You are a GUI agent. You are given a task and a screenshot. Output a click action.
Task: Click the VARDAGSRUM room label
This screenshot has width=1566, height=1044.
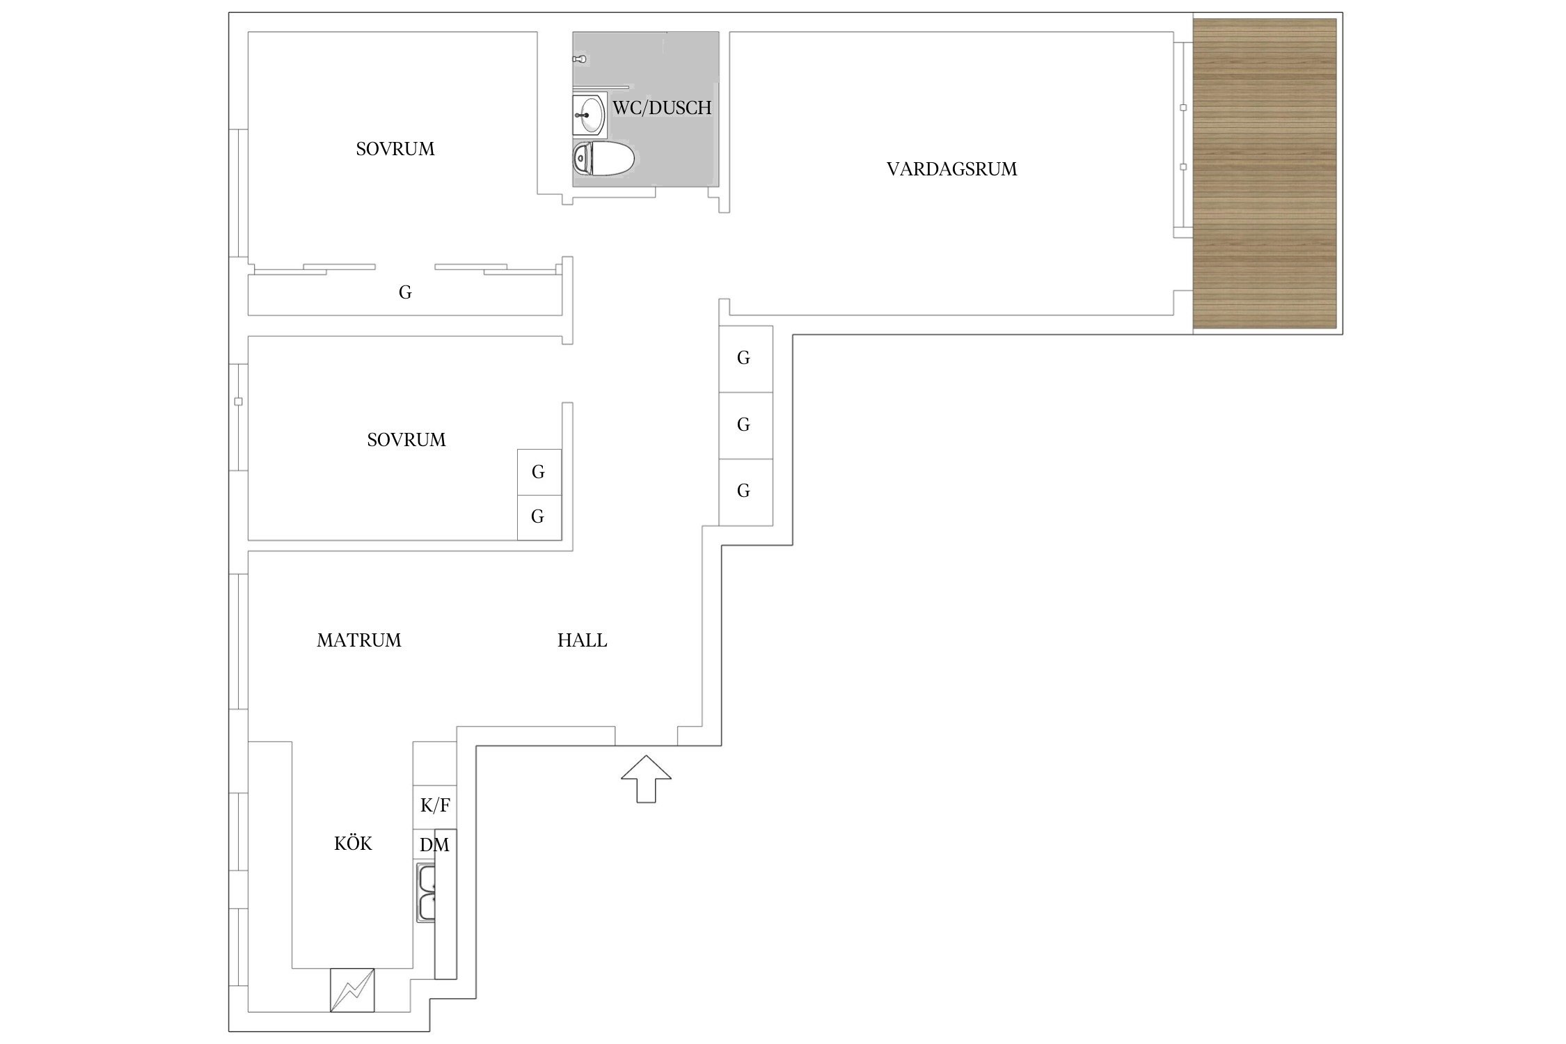pos(951,169)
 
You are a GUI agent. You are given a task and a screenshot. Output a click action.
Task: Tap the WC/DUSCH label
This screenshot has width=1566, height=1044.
pos(662,108)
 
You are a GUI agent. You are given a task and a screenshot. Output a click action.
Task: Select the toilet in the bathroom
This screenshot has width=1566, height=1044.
pos(603,159)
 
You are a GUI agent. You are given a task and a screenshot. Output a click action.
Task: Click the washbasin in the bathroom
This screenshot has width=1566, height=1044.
pos(590,114)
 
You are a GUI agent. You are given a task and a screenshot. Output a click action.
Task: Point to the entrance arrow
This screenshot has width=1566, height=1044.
pos(646,778)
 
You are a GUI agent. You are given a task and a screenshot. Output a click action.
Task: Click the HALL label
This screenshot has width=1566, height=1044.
pos(582,640)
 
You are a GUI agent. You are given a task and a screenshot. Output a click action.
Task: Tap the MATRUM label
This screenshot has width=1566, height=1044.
pos(359,640)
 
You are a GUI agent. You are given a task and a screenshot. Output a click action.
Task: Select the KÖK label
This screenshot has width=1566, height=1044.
pos(353,844)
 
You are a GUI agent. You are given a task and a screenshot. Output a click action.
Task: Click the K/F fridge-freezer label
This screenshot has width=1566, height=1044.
pos(435,806)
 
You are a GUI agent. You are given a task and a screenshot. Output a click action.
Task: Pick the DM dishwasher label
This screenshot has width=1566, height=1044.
pos(434,845)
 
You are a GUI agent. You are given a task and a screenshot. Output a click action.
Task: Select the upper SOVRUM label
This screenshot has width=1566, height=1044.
pos(395,149)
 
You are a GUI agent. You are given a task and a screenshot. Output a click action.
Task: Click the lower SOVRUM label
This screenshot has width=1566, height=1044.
pos(406,440)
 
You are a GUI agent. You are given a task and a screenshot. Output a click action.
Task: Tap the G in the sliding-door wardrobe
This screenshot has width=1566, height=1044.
pos(405,292)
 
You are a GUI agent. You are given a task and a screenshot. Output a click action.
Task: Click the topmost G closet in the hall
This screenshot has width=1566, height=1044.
pos(746,358)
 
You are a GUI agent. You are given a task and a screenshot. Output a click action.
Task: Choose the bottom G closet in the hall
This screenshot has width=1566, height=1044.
pos(746,492)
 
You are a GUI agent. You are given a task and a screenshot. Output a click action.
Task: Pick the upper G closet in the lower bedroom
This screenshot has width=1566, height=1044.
pos(539,473)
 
